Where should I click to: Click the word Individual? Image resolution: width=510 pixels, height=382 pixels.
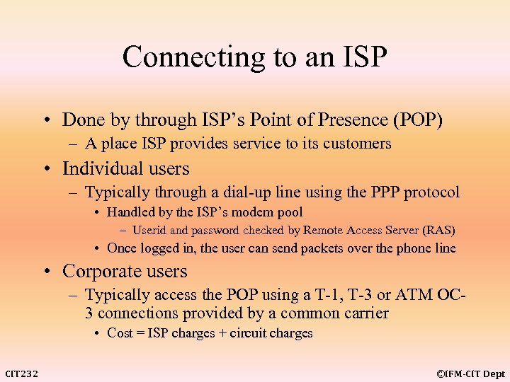coord(98,169)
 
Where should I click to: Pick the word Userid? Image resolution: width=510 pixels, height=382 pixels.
coord(149,230)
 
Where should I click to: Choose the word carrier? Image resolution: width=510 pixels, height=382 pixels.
coord(365,313)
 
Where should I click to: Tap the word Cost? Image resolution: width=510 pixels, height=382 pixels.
coord(120,333)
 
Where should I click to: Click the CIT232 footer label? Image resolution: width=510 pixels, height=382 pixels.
coord(22,374)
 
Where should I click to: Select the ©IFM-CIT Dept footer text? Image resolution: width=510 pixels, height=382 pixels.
coord(470,374)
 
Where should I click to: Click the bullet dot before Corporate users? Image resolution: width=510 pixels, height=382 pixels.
coord(53,272)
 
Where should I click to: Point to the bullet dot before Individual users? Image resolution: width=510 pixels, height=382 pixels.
coord(53,169)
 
